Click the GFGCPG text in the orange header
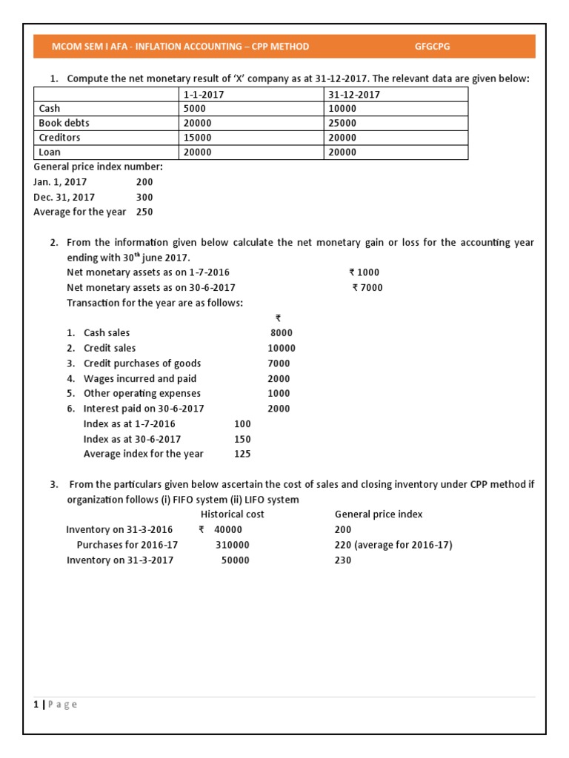point(433,47)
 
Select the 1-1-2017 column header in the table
point(204,94)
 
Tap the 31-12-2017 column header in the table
point(354,94)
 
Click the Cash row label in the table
point(50,108)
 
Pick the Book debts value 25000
point(343,123)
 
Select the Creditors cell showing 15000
point(197,138)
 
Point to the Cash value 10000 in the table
point(343,108)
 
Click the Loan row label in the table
point(50,152)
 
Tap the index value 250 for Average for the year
point(144,212)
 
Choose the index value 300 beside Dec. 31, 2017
point(144,197)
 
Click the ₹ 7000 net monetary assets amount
point(367,287)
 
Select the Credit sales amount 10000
point(282,348)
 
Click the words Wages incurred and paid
point(140,378)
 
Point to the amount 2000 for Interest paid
point(279,409)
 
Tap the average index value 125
point(242,454)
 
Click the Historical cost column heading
point(233,514)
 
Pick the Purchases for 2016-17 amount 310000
point(233,545)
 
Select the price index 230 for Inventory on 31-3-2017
point(343,560)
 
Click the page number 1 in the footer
point(36,704)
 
